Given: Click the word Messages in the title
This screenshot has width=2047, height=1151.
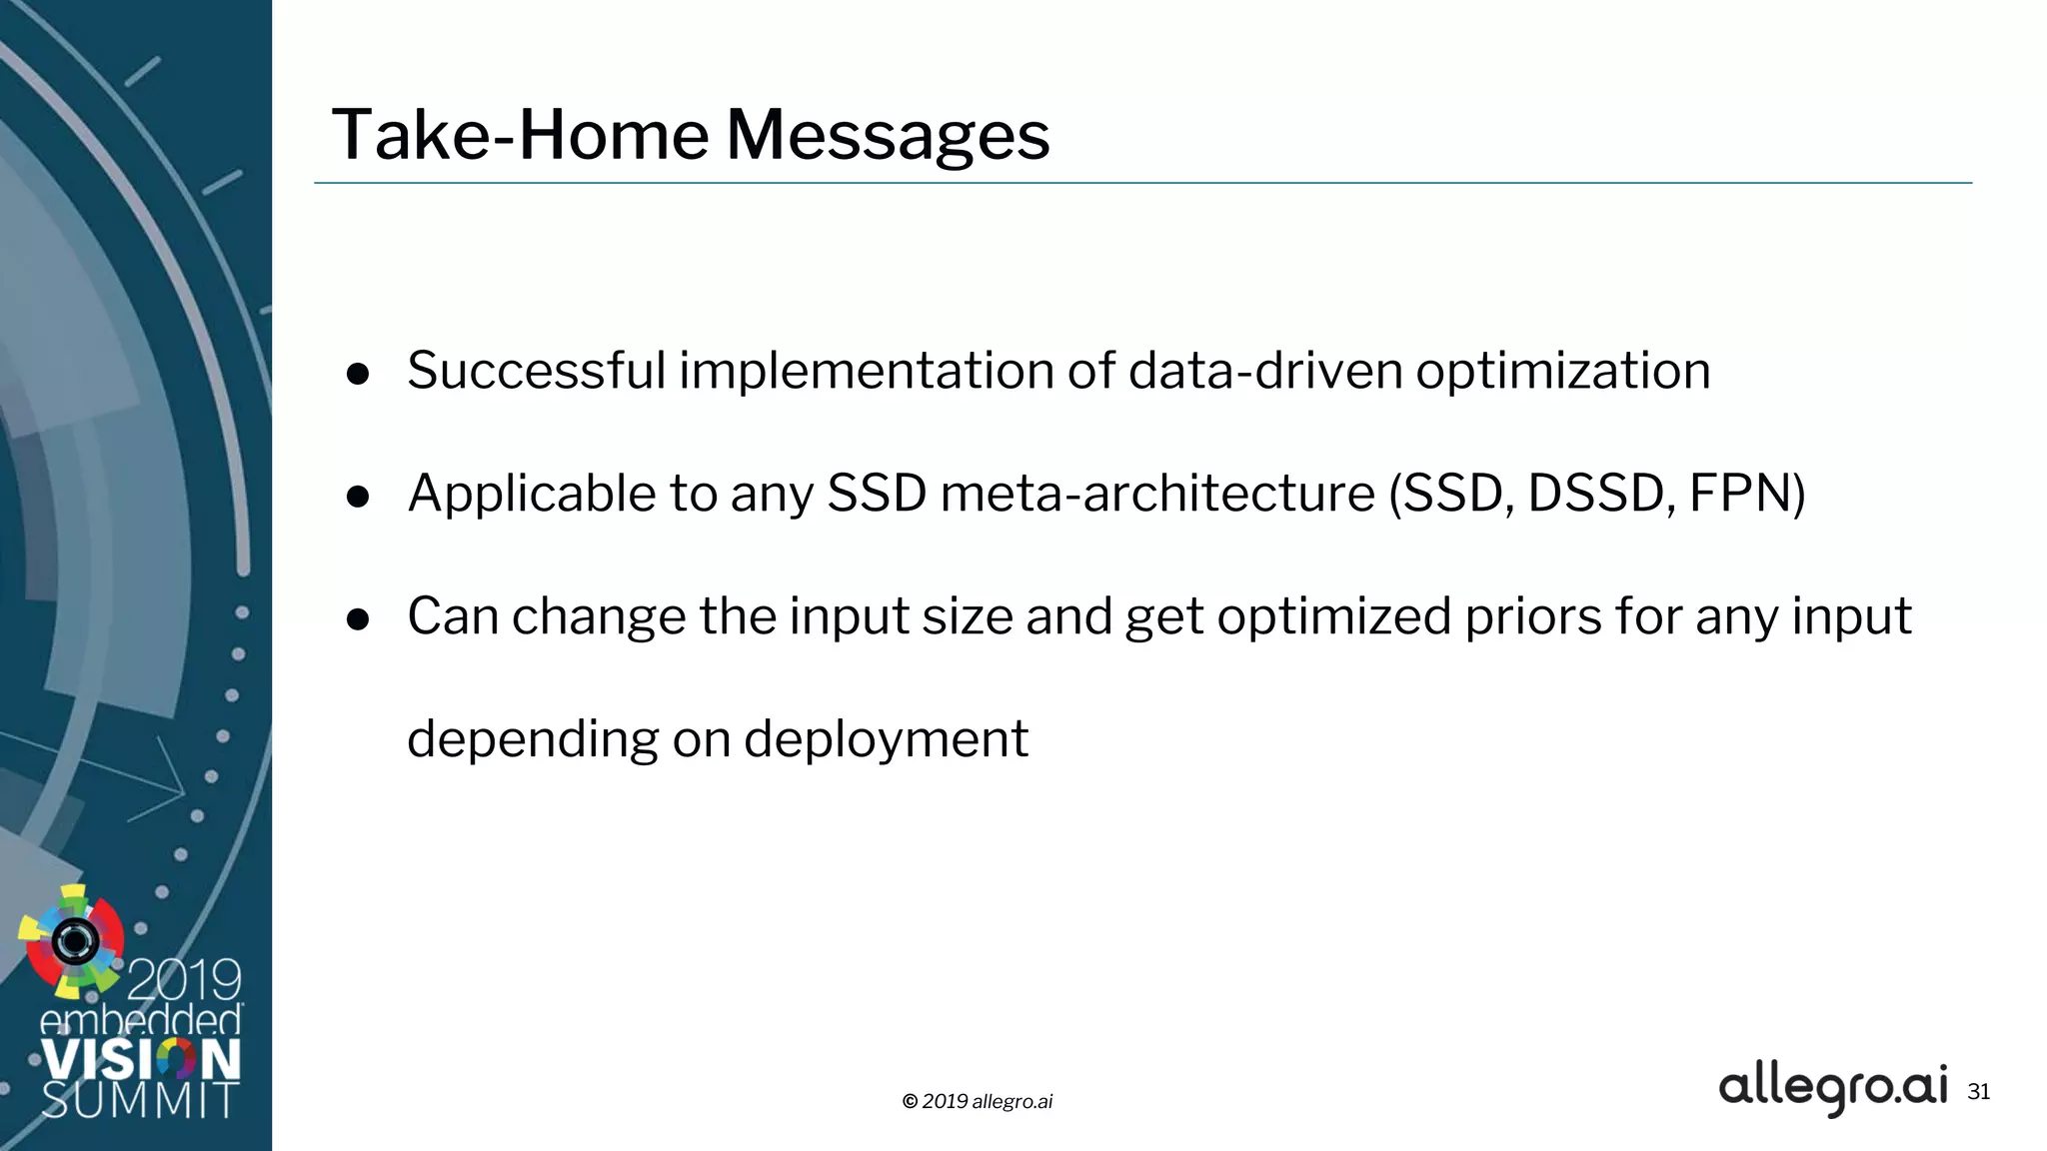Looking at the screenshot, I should tap(888, 136).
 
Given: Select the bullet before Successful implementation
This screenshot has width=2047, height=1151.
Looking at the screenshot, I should tap(358, 375).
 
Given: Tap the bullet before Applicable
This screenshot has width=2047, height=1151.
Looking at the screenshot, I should tap(358, 497).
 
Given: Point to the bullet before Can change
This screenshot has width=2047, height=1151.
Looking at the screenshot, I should tap(358, 619).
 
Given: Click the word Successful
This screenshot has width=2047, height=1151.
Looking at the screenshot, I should tap(536, 371).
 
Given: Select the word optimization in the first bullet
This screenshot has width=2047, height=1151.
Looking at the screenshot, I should tap(1562, 373).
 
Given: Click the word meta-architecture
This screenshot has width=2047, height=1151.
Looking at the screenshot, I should tap(1157, 494).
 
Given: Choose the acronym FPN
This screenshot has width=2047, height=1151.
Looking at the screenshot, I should tap(1741, 494).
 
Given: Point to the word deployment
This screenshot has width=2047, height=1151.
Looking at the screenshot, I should tap(886, 741).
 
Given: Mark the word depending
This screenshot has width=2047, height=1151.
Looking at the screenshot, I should tap(533, 741).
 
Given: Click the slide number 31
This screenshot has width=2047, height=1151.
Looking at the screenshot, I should tap(1978, 1092).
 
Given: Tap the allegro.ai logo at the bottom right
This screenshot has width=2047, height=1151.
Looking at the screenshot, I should tap(1832, 1088).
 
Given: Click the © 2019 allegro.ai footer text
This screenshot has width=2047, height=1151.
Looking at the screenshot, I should tap(977, 1101).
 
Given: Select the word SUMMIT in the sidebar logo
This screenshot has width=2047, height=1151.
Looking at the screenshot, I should tap(140, 1101).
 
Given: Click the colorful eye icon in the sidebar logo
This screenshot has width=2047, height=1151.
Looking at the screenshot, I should tap(74, 940).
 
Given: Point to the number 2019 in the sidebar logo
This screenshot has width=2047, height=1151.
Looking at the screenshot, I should tap(184, 980).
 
